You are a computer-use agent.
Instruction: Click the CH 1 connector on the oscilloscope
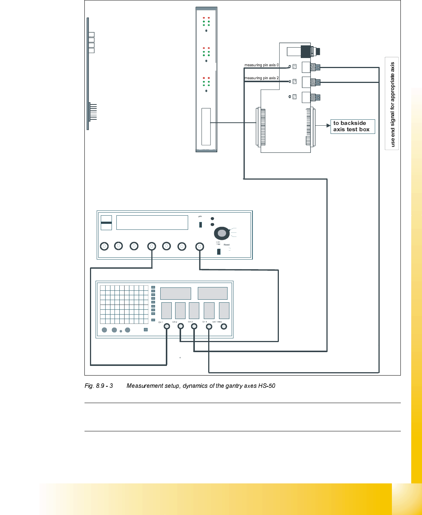click(167, 326)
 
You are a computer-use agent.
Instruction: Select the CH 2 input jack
click(180, 326)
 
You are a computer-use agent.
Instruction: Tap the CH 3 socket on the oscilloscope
click(194, 326)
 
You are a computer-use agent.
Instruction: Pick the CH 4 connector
click(209, 327)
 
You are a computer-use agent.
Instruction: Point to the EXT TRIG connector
click(224, 326)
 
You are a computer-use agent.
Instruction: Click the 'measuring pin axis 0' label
click(261, 65)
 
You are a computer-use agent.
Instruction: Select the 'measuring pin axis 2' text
click(261, 78)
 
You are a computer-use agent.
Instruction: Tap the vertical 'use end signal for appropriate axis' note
click(392, 104)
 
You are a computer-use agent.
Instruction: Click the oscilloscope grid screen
click(124, 305)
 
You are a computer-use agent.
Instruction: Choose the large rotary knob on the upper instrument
click(222, 234)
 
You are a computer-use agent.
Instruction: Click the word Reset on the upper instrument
click(227, 245)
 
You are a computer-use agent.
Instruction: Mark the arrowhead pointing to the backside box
click(328, 126)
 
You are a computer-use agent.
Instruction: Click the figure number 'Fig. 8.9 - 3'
click(99, 386)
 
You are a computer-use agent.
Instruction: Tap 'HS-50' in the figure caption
click(267, 386)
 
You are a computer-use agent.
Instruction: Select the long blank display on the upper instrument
click(152, 222)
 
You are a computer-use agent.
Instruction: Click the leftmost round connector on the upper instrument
click(104, 246)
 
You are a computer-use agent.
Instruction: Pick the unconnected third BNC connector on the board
click(317, 98)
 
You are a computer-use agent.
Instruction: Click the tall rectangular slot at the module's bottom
click(206, 126)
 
